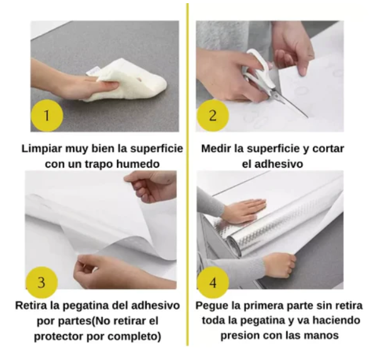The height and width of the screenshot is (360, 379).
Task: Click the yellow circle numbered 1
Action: (x=47, y=116)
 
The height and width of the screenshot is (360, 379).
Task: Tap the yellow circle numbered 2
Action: (x=213, y=116)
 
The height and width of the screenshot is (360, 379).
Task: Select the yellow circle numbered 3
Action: (x=42, y=282)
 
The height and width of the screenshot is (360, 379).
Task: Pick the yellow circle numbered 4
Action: (x=213, y=282)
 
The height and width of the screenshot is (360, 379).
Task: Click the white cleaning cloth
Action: (x=128, y=80)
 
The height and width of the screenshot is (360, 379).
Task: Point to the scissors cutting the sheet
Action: (x=268, y=80)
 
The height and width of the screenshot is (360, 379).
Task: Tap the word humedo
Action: (x=138, y=164)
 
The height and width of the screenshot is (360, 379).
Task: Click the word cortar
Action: (x=328, y=149)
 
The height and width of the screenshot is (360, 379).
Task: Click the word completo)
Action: (x=134, y=337)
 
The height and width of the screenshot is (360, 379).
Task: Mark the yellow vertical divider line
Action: (x=188, y=174)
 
